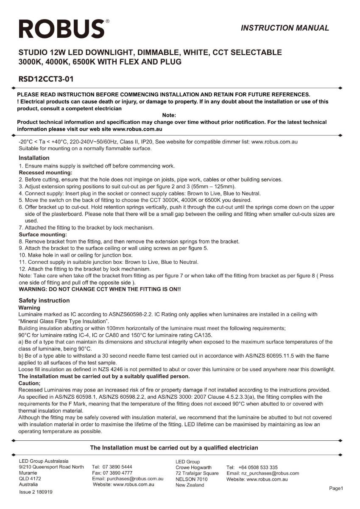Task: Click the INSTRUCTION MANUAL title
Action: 285,28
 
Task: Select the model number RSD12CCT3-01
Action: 47,79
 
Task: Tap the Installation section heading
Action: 34,158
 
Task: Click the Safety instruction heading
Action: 44,300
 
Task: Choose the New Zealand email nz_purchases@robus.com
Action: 263,473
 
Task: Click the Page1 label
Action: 336,488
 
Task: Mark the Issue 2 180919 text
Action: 36,492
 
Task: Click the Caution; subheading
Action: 30,383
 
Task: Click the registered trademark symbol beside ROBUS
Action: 107,21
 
